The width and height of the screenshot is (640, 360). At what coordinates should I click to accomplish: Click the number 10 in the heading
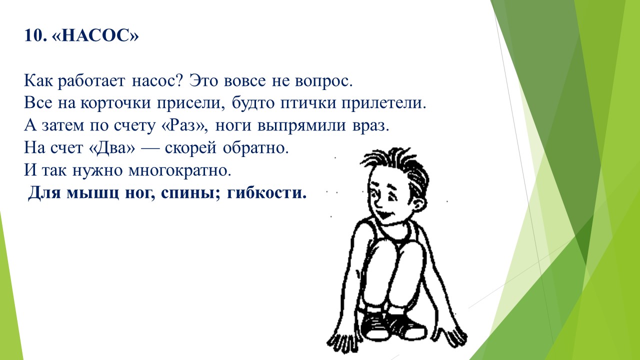pyautogui.click(x=35, y=35)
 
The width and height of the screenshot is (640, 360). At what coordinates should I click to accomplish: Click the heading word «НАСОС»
pyautogui.click(x=95, y=35)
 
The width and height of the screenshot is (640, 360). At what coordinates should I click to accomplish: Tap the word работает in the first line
pyautogui.click(x=91, y=81)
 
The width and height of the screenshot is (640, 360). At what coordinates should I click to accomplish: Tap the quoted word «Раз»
pyautogui.click(x=183, y=125)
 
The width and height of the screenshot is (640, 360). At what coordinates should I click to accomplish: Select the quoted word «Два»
pyautogui.click(x=111, y=148)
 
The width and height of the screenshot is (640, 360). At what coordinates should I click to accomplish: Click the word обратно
pyautogui.click(x=255, y=148)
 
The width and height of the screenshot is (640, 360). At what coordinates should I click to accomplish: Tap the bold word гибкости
pyautogui.click(x=266, y=192)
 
